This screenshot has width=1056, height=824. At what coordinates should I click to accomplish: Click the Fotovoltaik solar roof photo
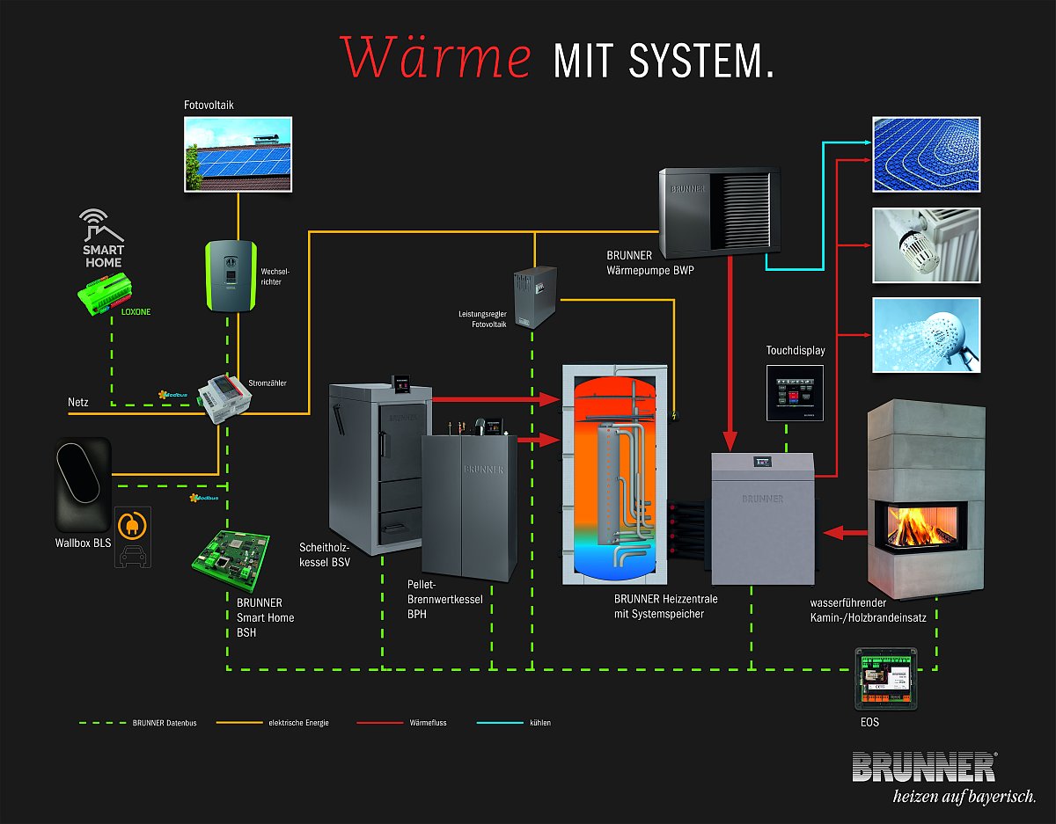[238, 154]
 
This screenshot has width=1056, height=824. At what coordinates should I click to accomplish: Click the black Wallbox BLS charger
[83, 483]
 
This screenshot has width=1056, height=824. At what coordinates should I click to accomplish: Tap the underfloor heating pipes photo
[925, 154]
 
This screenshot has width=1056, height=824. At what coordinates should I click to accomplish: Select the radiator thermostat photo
[925, 244]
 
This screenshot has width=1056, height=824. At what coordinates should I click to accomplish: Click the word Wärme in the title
[436, 58]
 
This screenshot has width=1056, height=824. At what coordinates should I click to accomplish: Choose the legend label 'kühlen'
[540, 723]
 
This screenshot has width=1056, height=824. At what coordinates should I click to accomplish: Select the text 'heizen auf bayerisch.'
[964, 797]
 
